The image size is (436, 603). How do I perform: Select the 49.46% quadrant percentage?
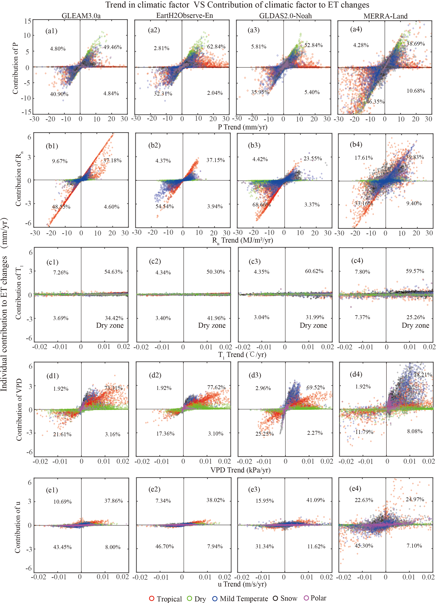point(112,47)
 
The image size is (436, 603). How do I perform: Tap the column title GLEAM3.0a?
point(81,16)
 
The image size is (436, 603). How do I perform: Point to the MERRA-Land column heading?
point(385,16)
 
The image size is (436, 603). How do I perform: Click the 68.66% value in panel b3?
point(262,205)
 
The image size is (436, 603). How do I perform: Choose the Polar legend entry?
point(315,598)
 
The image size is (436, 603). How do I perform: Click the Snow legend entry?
point(285,598)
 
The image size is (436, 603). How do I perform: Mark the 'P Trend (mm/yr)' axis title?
point(243,127)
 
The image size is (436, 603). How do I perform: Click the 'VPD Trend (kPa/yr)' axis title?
point(240,470)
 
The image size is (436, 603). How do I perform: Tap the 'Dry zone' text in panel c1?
point(110,325)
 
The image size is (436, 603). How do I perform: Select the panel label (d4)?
point(356,374)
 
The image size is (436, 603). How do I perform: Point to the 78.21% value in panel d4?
point(423,375)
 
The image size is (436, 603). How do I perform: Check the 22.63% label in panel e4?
point(364,500)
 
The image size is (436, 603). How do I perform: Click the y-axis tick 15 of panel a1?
point(28,21)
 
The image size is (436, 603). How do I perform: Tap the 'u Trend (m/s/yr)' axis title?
point(242,584)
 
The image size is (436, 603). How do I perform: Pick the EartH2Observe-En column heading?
point(185,16)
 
